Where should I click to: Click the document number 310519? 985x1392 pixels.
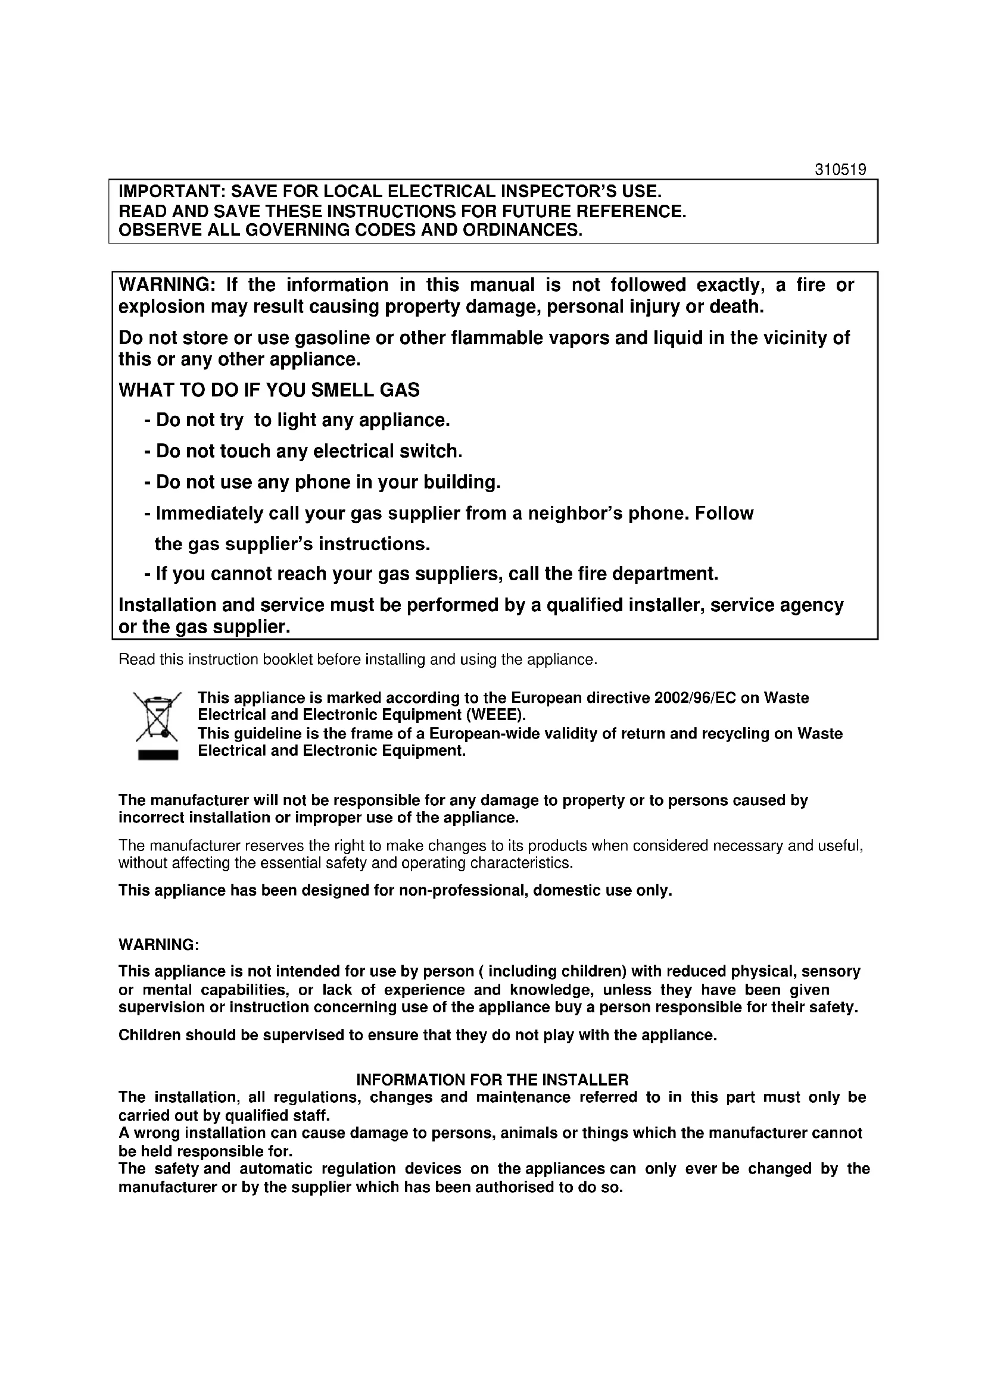click(x=840, y=170)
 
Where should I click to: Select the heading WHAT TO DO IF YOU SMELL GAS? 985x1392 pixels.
click(x=269, y=390)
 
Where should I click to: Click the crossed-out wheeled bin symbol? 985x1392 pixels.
click(x=157, y=716)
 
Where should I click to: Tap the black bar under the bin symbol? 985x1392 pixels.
click(x=158, y=755)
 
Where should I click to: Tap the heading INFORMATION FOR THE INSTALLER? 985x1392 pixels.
click(x=492, y=1080)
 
